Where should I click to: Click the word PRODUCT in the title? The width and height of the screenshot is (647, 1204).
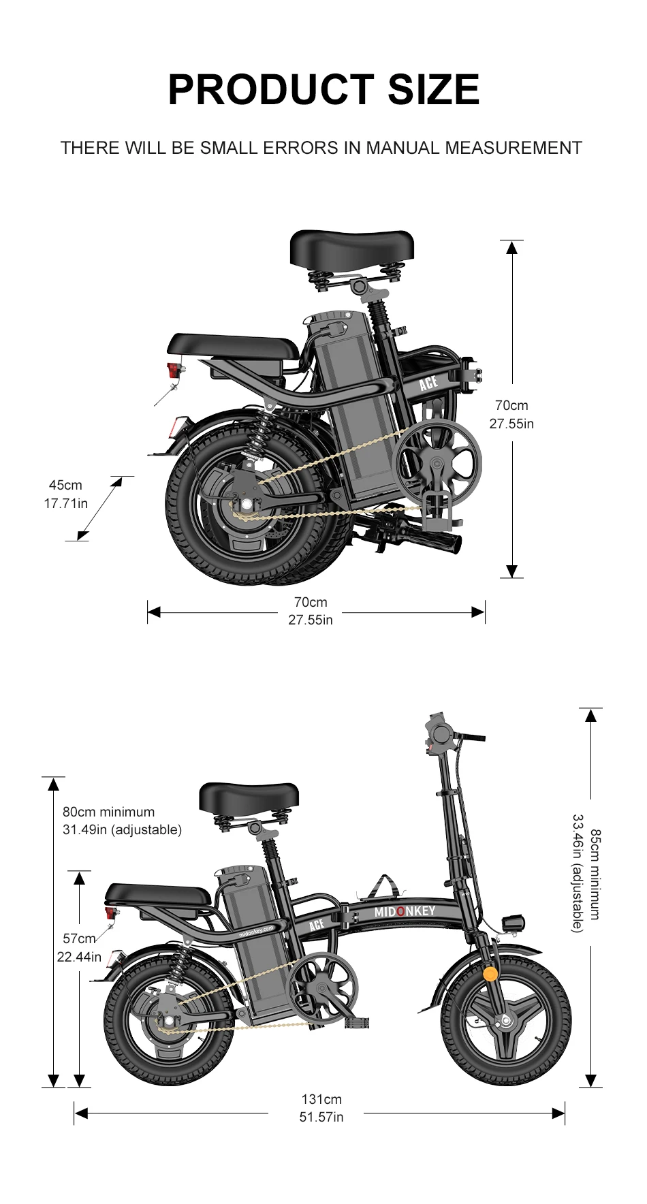coord(271,89)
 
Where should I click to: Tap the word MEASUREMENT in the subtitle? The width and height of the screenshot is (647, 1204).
coord(514,148)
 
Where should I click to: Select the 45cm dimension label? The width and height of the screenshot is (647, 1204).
coord(65,485)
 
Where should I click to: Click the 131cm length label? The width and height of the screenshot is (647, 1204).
coord(321,1099)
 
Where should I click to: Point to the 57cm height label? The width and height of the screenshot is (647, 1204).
coord(79,938)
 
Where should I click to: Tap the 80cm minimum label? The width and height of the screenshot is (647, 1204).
coord(109,812)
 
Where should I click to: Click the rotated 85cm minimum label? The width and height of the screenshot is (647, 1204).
coord(596,874)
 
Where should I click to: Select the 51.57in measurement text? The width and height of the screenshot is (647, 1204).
coord(321,1118)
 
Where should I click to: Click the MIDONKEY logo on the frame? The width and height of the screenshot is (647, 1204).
coord(405,911)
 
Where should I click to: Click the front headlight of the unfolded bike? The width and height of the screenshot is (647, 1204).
coord(513,923)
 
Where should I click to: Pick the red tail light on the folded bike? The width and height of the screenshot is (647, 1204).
coord(176,371)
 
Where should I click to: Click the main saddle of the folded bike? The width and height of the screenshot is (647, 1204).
coord(352,249)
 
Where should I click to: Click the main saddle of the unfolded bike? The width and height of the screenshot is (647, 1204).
coord(249,801)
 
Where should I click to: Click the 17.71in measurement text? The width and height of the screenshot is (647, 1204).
coord(66,503)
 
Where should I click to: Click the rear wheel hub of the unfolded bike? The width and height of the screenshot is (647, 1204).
coord(168,1021)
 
